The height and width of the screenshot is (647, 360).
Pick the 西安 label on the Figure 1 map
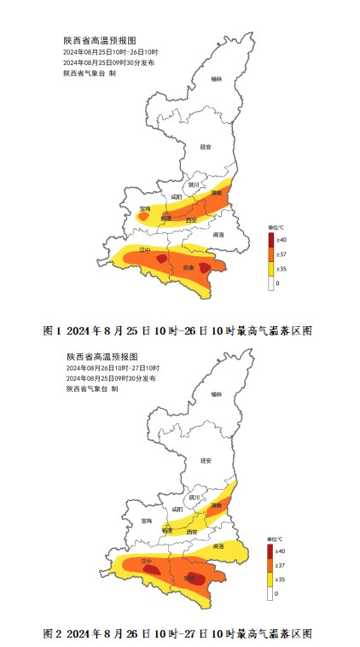[192, 220]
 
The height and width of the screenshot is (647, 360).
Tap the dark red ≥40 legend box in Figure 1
[270, 241]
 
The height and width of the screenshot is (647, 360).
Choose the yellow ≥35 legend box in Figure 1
[270, 268]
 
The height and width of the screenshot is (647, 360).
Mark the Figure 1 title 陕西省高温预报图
[100, 40]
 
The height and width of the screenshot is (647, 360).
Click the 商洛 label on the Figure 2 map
[218, 546]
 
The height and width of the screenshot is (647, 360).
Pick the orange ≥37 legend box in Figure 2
[270, 566]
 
